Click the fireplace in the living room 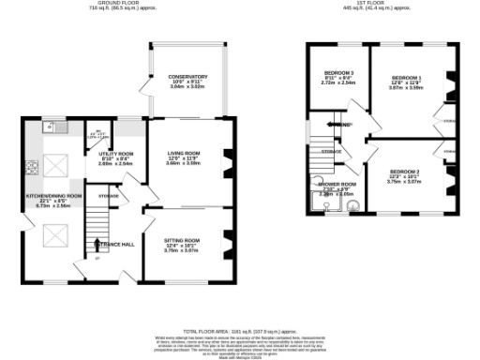point(225,170)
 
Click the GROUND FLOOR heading point(121,4)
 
